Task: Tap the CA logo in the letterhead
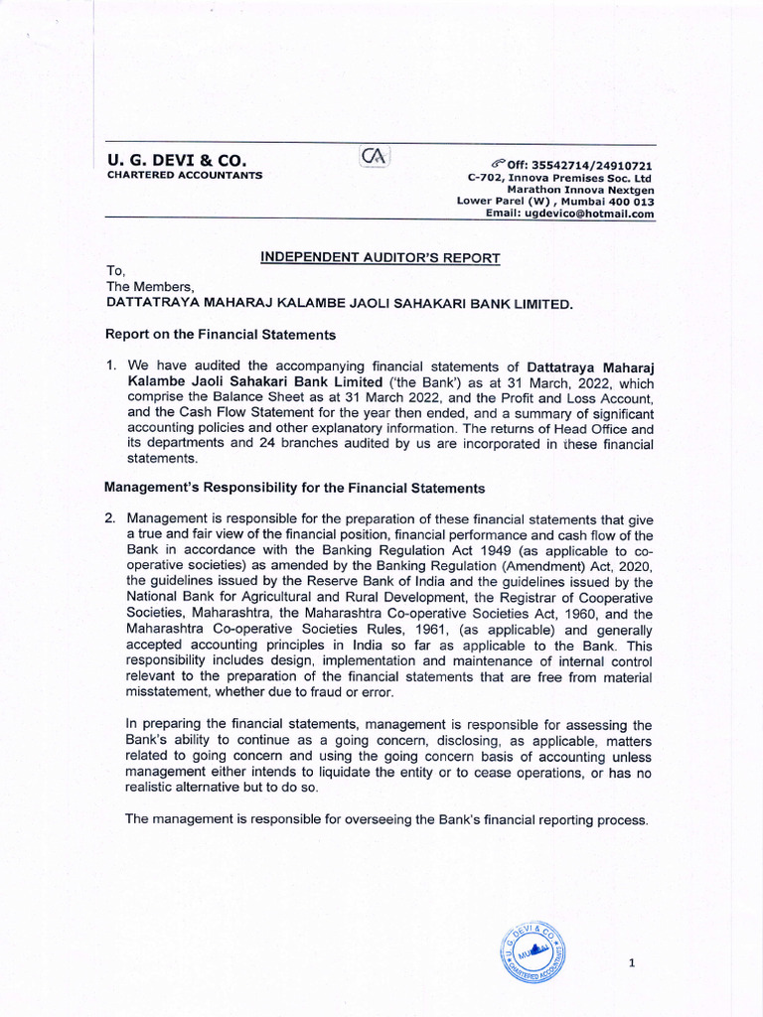pyautogui.click(x=377, y=157)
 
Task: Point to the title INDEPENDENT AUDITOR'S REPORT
pyautogui.click(x=381, y=258)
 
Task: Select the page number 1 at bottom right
pyautogui.click(x=632, y=963)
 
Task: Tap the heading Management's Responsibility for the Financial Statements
pyautogui.click(x=295, y=488)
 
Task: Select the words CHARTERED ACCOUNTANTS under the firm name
pyautogui.click(x=185, y=175)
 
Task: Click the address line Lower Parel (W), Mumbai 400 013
pyautogui.click(x=555, y=201)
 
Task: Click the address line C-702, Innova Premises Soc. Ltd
pyautogui.click(x=560, y=177)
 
